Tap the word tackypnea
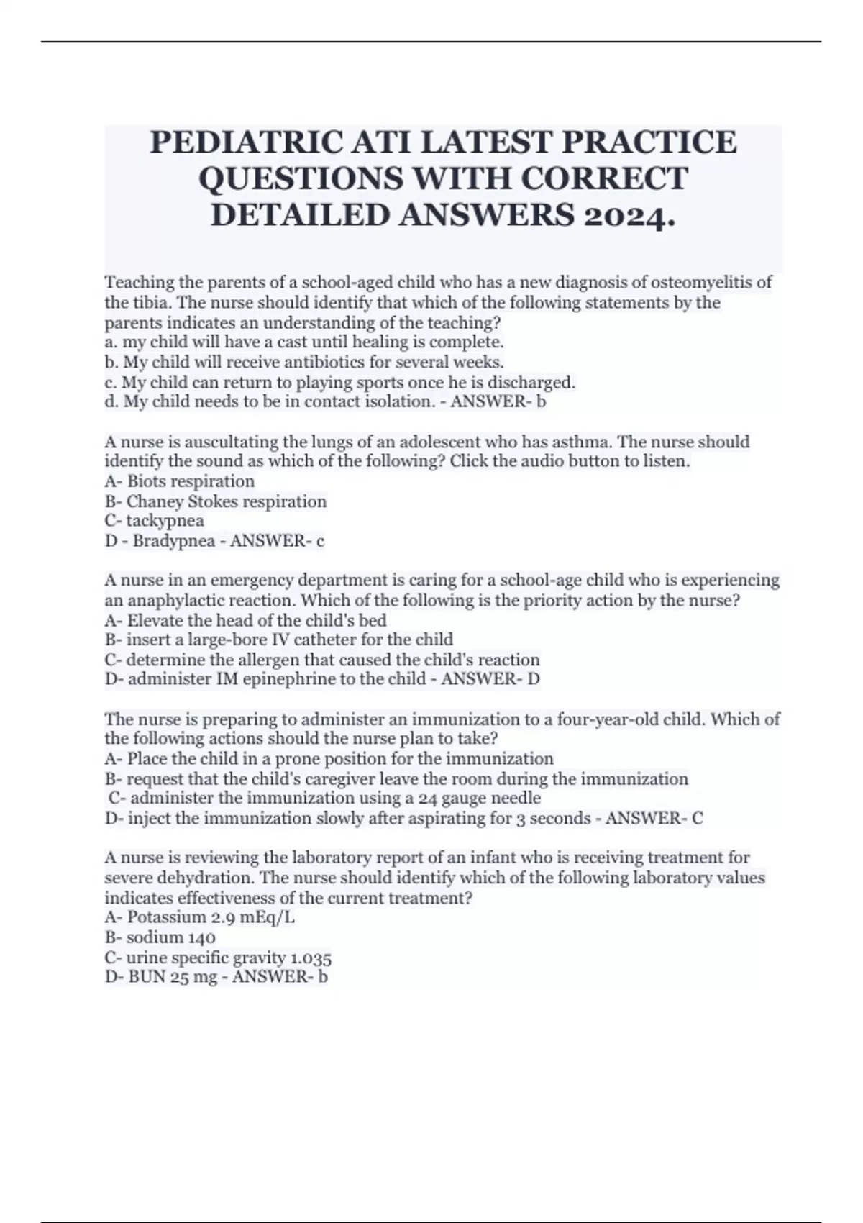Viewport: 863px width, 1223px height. [x=165, y=521]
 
